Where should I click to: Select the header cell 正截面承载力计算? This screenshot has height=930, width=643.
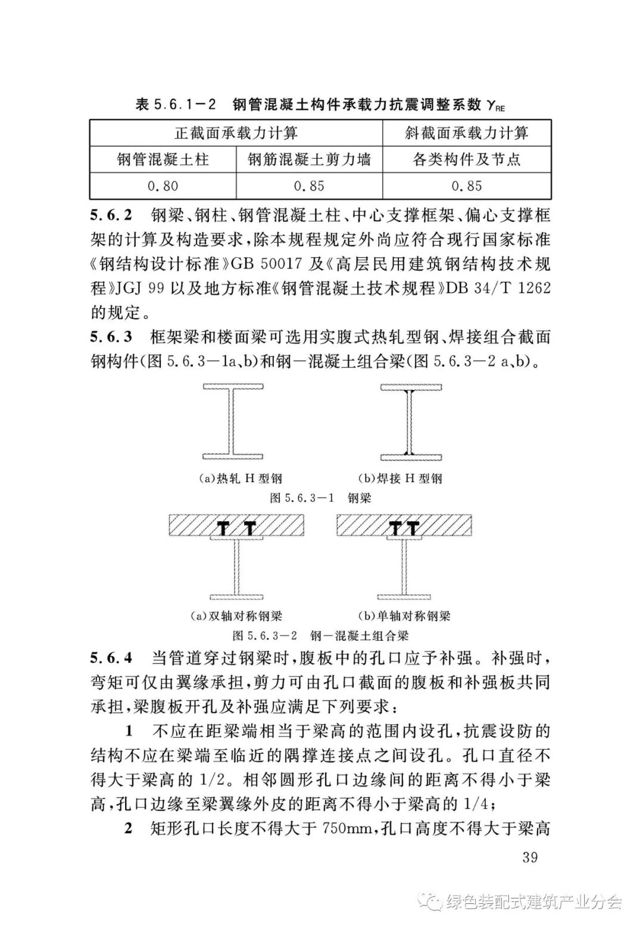(x=236, y=133)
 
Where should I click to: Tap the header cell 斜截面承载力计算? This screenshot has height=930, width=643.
(x=467, y=133)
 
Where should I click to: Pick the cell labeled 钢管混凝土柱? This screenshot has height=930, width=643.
(x=163, y=159)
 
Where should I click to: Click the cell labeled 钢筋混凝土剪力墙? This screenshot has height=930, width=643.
(x=309, y=159)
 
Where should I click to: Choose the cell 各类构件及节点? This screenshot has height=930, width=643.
(x=467, y=159)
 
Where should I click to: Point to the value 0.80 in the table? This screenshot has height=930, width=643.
(x=163, y=186)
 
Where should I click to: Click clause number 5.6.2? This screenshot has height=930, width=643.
(x=112, y=214)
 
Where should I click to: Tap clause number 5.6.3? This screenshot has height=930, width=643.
(x=112, y=337)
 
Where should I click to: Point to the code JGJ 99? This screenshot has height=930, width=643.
(x=143, y=288)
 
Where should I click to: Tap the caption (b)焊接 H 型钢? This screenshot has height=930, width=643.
(x=400, y=478)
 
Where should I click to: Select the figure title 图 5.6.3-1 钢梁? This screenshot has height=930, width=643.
(x=320, y=498)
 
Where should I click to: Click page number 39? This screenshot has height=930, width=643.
(x=529, y=857)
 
